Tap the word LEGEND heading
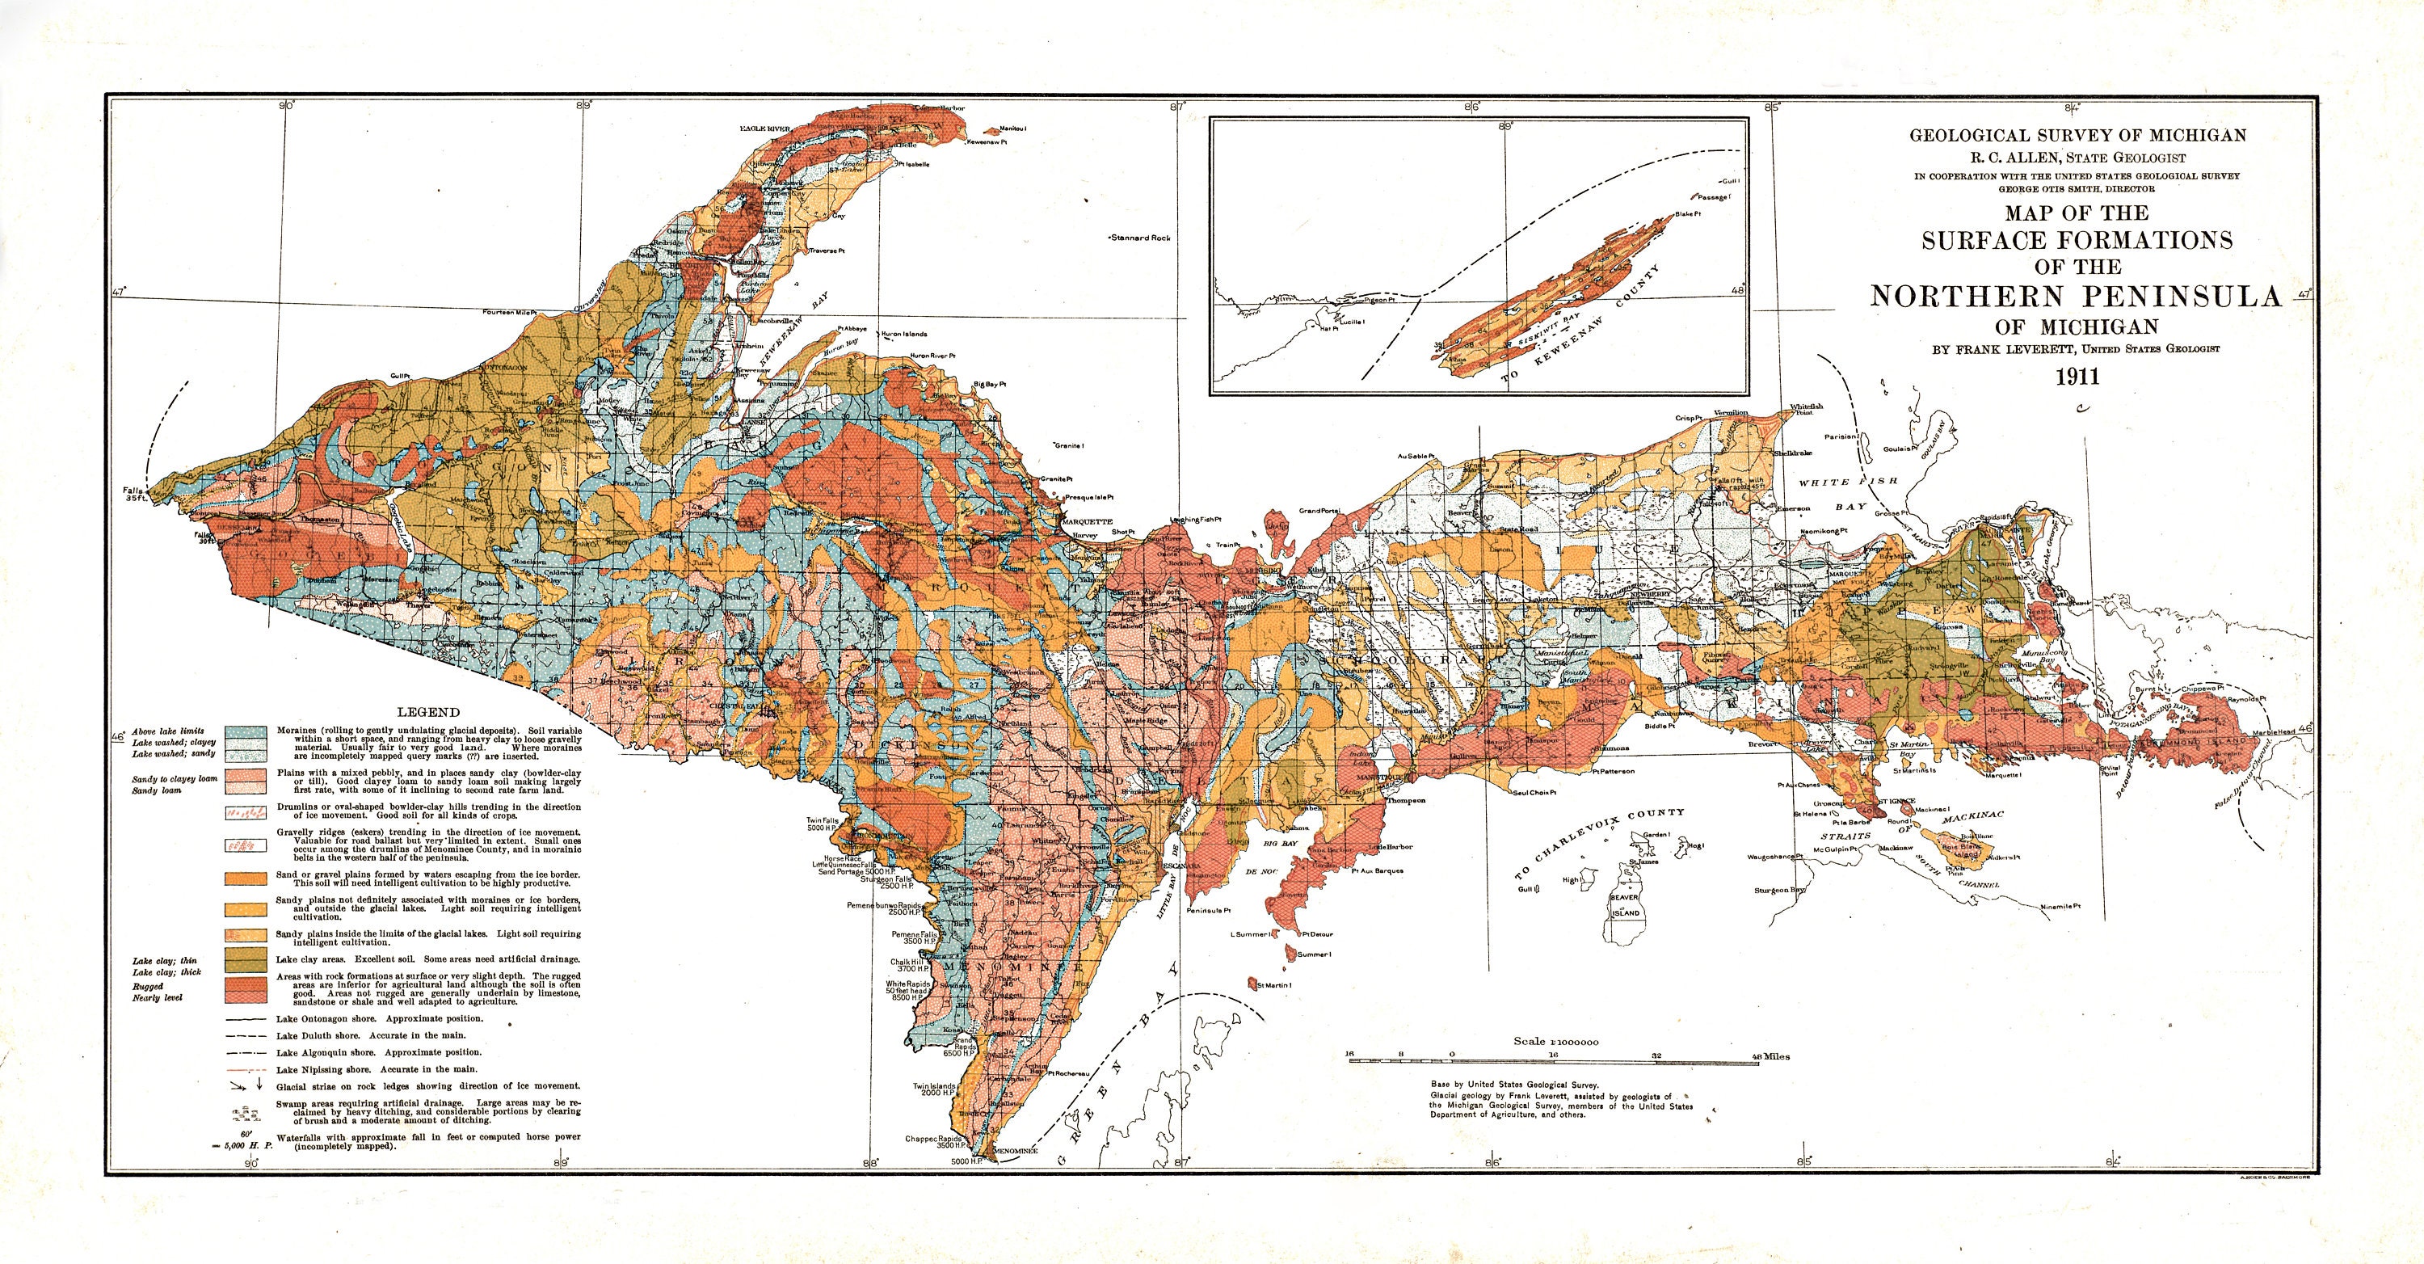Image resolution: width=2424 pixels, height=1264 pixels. coord(428,713)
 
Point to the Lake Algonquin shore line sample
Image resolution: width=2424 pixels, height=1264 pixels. coord(247,1052)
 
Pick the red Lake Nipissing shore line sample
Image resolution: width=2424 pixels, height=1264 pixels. coord(247,1069)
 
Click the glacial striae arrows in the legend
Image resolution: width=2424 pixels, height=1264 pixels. coord(246,1085)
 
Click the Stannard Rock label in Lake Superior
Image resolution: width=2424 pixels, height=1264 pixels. coord(1140,238)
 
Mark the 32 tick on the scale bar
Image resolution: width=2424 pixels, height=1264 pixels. coord(1656,1055)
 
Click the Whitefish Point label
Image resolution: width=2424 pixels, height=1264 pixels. coord(1807,411)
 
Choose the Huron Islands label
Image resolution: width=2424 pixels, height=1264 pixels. coord(903,334)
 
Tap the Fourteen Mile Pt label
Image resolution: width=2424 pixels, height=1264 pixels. coord(507,311)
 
